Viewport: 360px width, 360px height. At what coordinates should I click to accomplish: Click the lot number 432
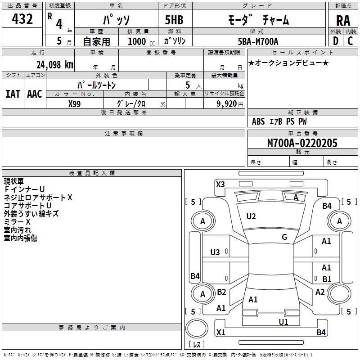22,19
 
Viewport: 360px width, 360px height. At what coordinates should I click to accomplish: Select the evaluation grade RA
343,21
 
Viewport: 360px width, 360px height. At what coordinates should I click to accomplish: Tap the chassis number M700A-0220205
302,143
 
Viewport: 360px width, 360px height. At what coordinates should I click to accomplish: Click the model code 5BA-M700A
258,41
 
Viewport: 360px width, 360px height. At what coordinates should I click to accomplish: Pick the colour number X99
75,103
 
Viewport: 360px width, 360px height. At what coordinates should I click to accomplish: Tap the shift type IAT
13,94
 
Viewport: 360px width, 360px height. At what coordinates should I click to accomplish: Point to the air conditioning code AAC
35,94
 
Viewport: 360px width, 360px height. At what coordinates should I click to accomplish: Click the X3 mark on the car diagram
220,184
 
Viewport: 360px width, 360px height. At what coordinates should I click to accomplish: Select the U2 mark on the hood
251,216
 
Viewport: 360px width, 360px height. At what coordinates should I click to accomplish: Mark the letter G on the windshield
284,237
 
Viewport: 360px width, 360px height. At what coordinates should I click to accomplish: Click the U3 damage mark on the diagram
215,252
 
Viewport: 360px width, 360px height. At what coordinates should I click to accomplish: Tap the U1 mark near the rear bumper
283,322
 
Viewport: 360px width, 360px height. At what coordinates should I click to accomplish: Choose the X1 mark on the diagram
220,333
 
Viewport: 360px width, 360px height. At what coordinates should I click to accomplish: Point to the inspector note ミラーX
17,222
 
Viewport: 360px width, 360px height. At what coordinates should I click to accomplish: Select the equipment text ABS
258,121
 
